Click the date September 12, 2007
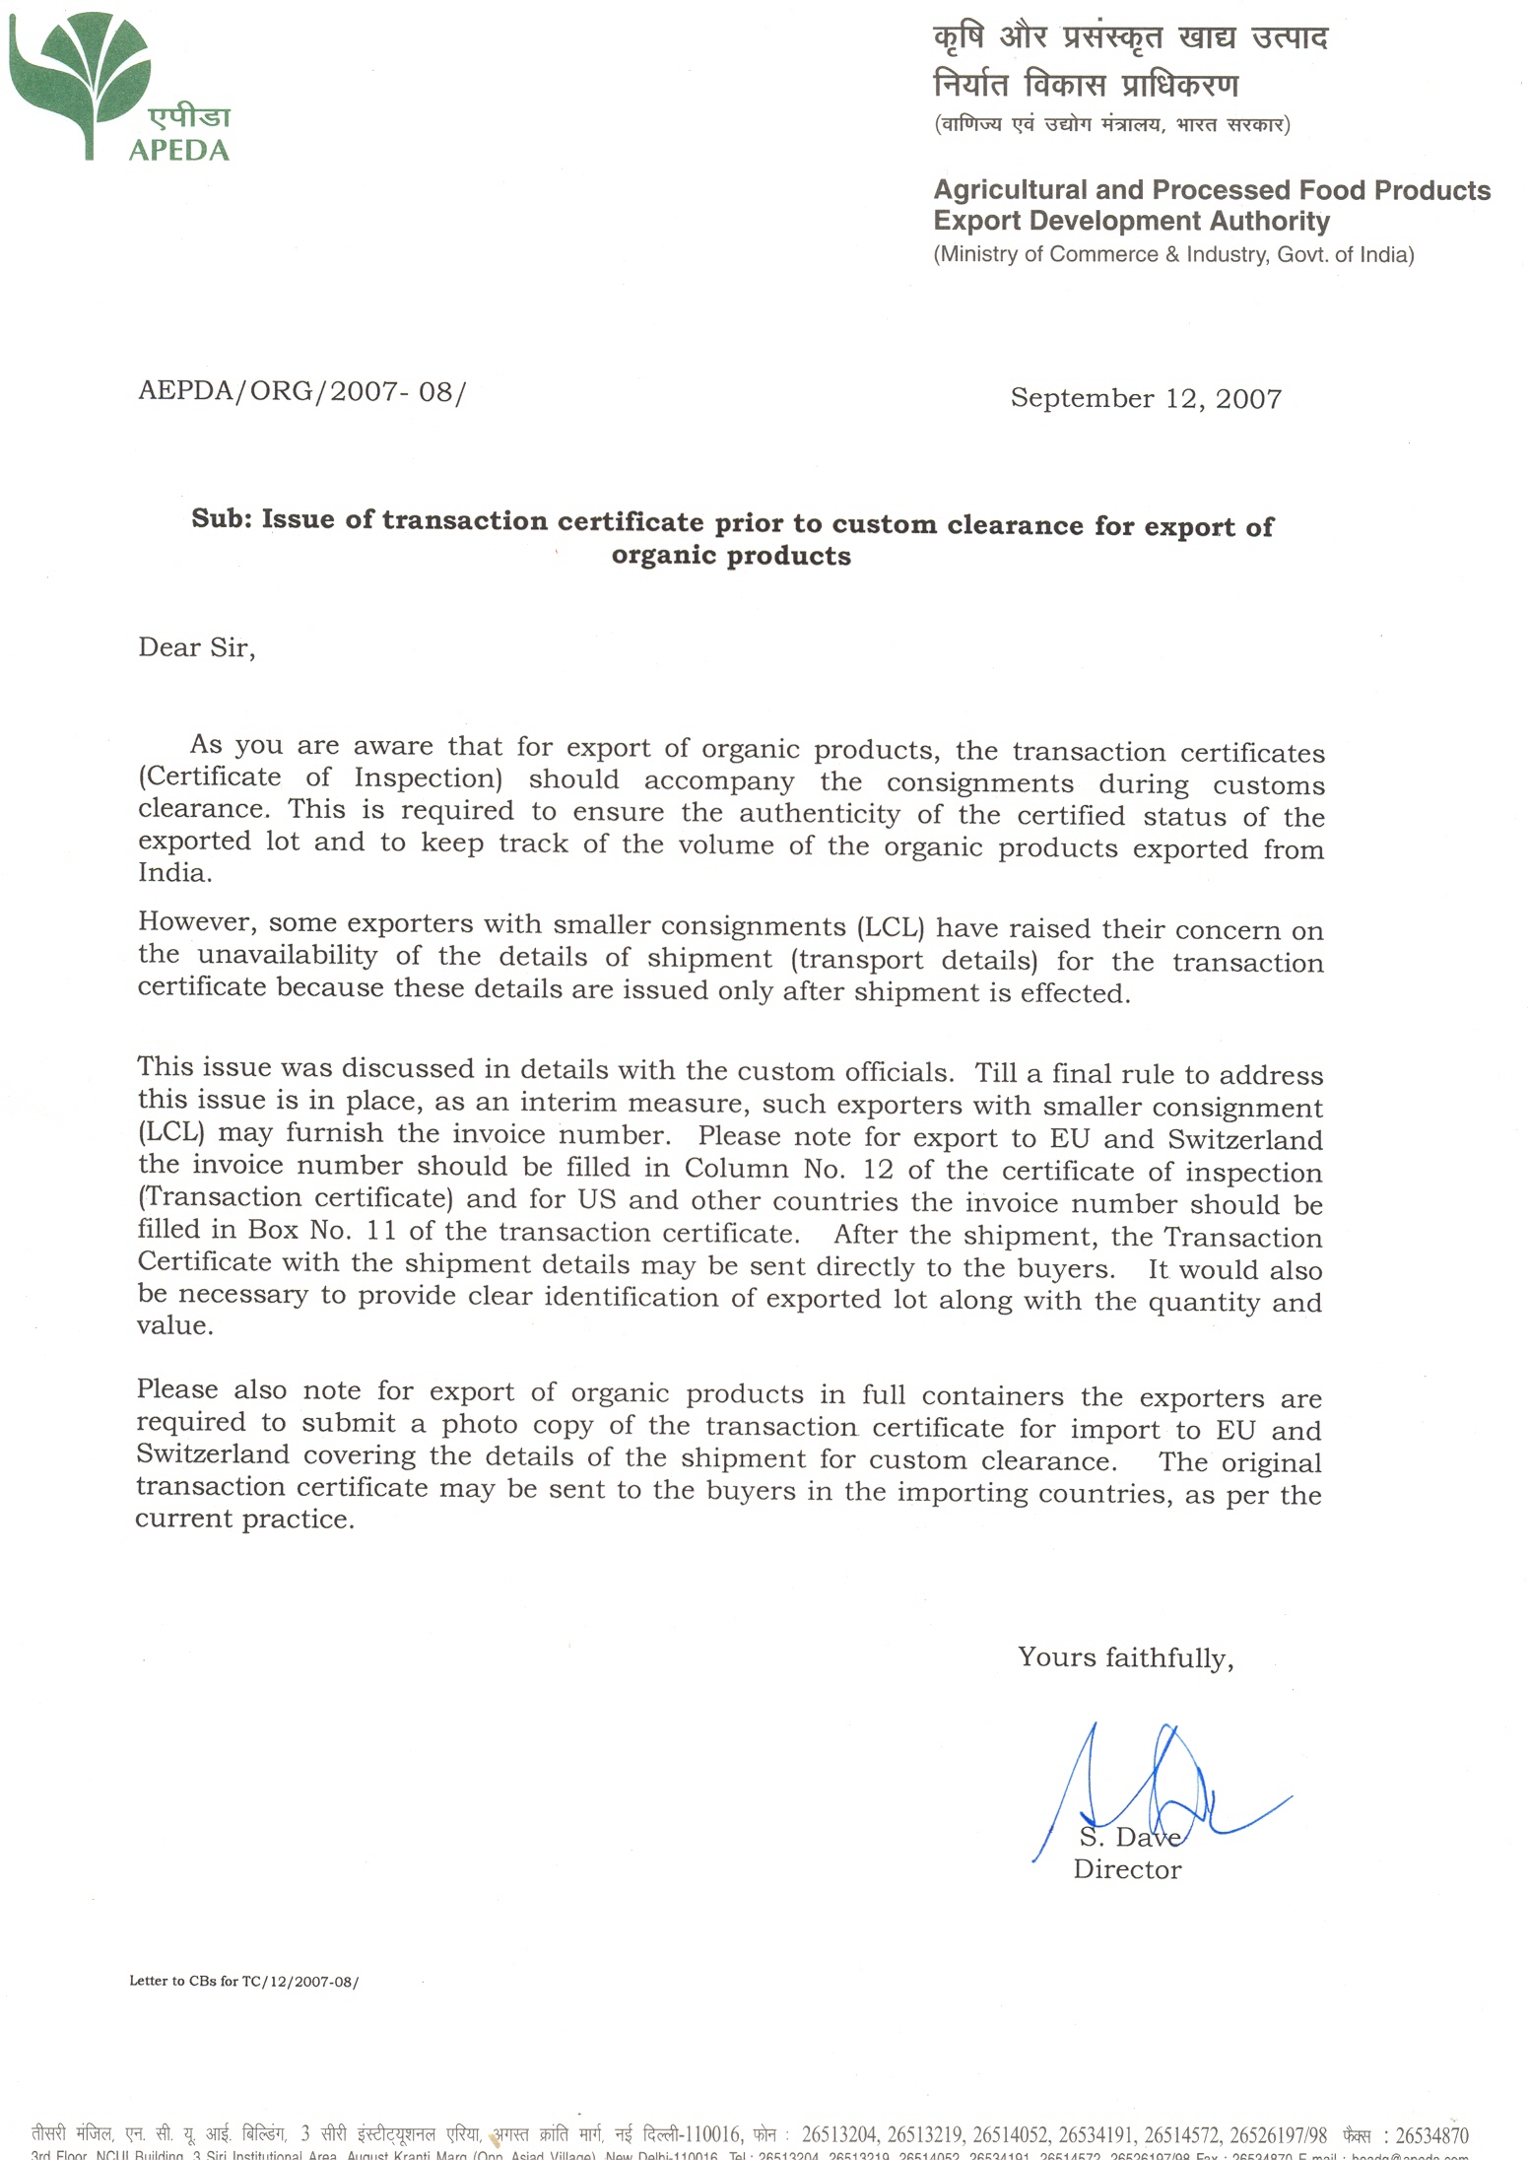pyautogui.click(x=1146, y=398)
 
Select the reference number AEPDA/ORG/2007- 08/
pyautogui.click(x=301, y=391)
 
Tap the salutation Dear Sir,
pyautogui.click(x=197, y=647)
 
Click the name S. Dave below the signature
pyautogui.click(x=1129, y=1837)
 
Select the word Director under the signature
pyautogui.click(x=1127, y=1869)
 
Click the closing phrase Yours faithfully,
pyautogui.click(x=1125, y=1657)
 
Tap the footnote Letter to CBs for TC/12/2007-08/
pyautogui.click(x=243, y=1981)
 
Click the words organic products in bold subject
pyautogui.click(x=731, y=556)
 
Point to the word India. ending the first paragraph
pyautogui.click(x=174, y=873)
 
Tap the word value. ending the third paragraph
pyautogui.click(x=175, y=1326)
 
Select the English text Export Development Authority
pyautogui.click(x=1131, y=221)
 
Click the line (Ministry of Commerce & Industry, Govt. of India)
pyautogui.click(x=1173, y=254)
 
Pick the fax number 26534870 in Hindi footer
pyautogui.click(x=1430, y=2136)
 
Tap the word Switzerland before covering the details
pyautogui.click(x=213, y=1454)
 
